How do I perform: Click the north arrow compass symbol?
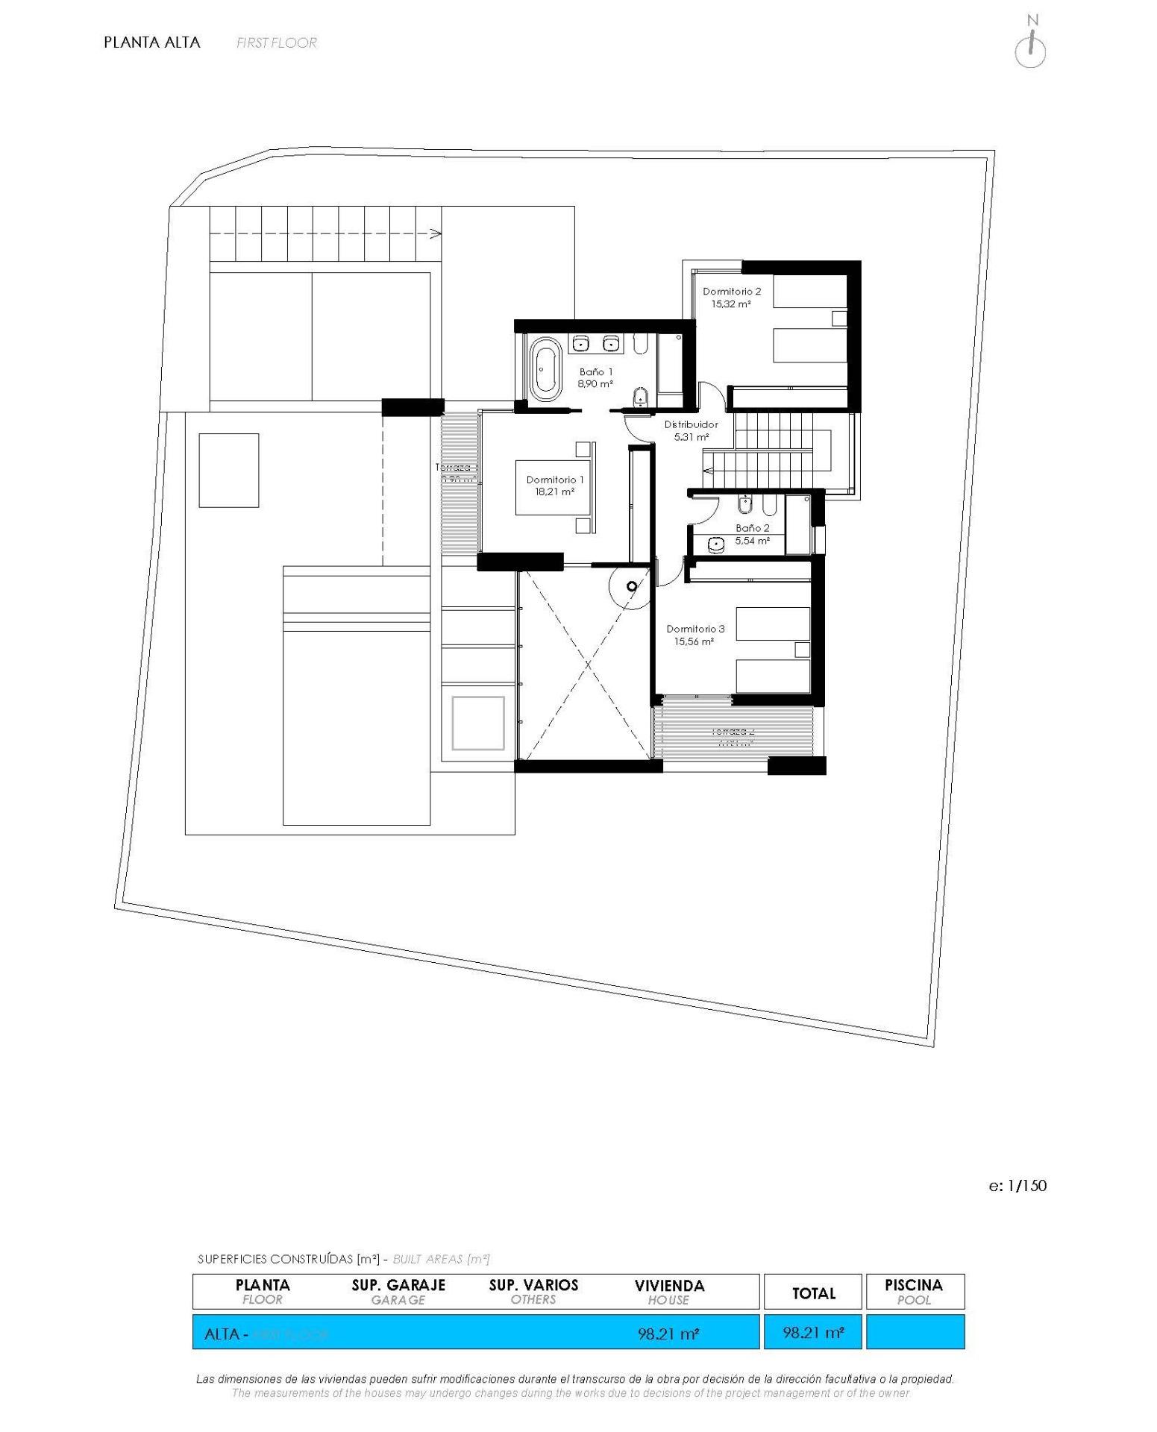(1030, 46)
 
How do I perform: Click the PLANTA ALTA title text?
(152, 43)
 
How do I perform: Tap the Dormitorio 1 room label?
(554, 480)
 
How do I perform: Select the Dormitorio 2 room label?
(731, 292)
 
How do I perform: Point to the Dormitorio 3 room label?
(694, 629)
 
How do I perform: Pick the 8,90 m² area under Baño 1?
(595, 384)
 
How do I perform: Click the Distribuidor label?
(691, 424)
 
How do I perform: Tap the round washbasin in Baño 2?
(716, 545)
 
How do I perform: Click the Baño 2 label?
(752, 528)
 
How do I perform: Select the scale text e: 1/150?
(1018, 1185)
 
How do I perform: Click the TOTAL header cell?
(813, 1293)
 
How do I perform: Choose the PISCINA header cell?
(914, 1292)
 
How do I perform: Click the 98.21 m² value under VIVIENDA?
(668, 1334)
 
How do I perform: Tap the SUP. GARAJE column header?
(398, 1292)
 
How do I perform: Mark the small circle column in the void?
(632, 586)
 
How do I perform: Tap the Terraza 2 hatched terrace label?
(733, 732)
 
